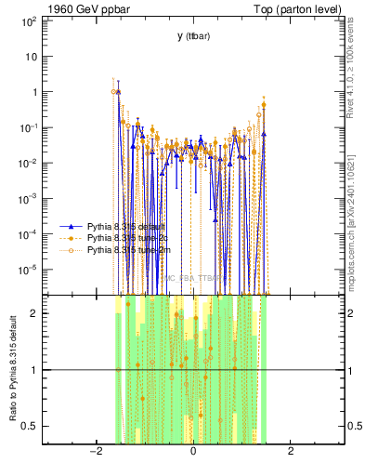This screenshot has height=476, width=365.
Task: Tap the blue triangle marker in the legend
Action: coord(72,226)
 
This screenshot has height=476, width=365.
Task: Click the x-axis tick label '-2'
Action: coord(95,451)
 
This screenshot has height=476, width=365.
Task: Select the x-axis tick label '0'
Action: coord(192,451)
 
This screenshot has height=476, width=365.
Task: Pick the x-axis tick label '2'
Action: coord(291,451)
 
